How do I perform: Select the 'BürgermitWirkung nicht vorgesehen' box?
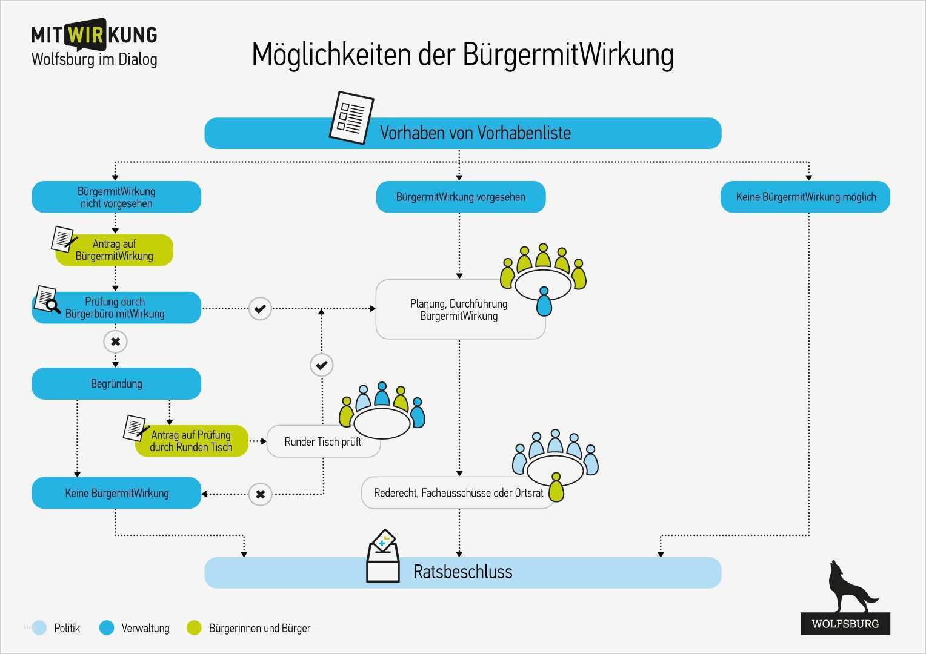point(116,197)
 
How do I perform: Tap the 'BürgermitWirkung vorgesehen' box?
point(461,197)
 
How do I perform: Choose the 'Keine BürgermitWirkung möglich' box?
point(805,197)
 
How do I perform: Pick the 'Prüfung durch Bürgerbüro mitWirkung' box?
point(116,308)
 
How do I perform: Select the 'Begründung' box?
point(116,384)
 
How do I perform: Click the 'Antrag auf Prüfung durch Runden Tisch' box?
point(192,441)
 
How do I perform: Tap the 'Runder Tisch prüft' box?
point(322,442)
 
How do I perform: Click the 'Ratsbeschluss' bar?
point(463,572)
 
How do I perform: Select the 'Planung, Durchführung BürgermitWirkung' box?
point(459,310)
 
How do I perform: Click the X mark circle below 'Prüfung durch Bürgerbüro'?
point(115,342)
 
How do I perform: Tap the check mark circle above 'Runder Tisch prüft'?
point(321,365)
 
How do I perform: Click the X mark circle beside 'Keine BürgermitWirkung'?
point(260,494)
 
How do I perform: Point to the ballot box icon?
point(383,557)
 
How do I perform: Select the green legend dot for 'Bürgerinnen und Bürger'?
point(194,628)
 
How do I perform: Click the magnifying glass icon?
point(52,306)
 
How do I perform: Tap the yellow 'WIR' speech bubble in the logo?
point(86,35)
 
